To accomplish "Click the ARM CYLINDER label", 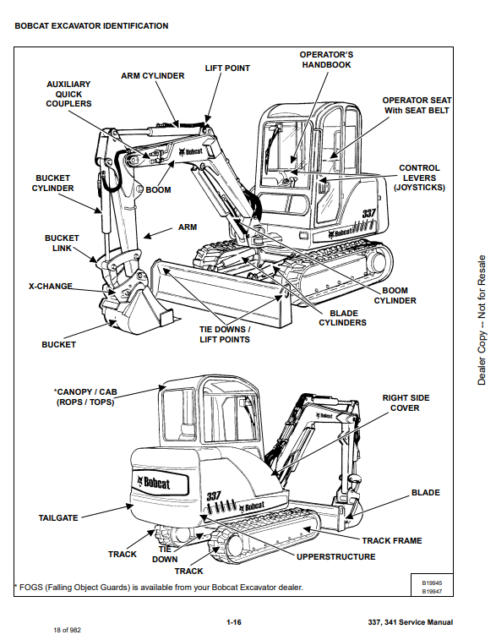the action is (x=153, y=76).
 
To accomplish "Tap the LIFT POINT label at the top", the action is (x=227, y=68).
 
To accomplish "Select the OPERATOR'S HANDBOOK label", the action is (x=326, y=59).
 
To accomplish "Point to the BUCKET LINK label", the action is (x=62, y=243).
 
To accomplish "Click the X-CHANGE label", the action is (x=51, y=286).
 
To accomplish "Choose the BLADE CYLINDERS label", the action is (x=342, y=318).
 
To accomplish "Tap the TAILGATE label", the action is (x=58, y=518).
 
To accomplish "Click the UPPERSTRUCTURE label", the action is (x=335, y=557).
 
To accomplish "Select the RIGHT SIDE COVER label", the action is (x=406, y=403).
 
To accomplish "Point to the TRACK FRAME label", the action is (x=392, y=541).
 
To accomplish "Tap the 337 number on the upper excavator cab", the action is (x=368, y=213).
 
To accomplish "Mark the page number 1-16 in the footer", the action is (x=234, y=622).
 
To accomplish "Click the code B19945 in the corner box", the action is (x=432, y=583).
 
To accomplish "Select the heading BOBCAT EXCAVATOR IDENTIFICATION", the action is (x=91, y=26).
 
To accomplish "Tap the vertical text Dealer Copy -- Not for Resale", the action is (x=482, y=320).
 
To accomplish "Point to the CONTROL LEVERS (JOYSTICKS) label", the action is (x=419, y=178).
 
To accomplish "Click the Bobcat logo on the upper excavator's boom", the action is (x=191, y=152).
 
